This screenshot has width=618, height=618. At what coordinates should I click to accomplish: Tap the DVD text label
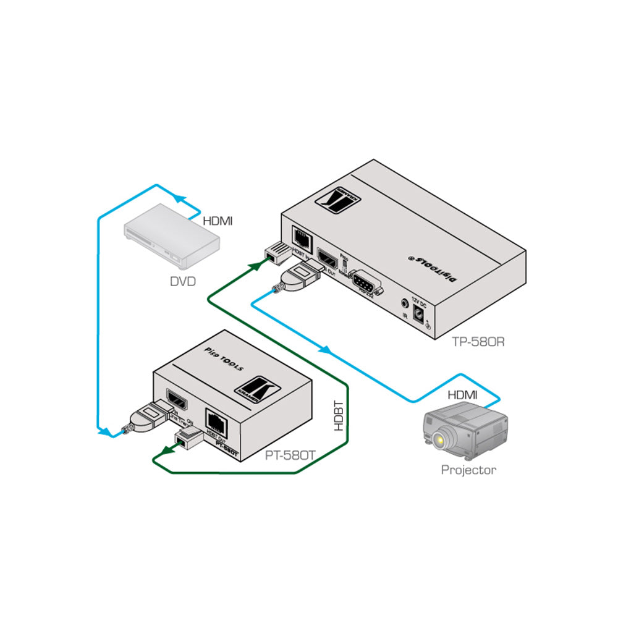tap(182, 282)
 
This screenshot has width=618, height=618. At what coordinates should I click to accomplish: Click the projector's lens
tap(439, 441)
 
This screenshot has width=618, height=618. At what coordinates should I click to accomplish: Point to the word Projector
tap(468, 470)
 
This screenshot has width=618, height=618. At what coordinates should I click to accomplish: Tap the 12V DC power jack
tap(420, 313)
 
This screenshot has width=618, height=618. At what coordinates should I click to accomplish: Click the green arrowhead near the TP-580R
tap(253, 266)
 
